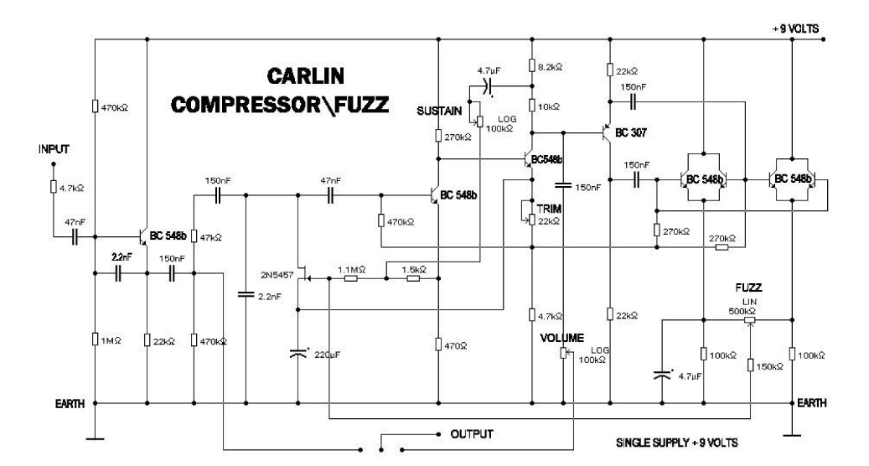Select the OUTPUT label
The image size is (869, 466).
473,434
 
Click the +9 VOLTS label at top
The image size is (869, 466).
795,28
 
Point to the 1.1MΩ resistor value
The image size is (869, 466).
349,269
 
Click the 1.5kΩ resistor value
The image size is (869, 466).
411,269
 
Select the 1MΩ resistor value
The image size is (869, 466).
108,340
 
